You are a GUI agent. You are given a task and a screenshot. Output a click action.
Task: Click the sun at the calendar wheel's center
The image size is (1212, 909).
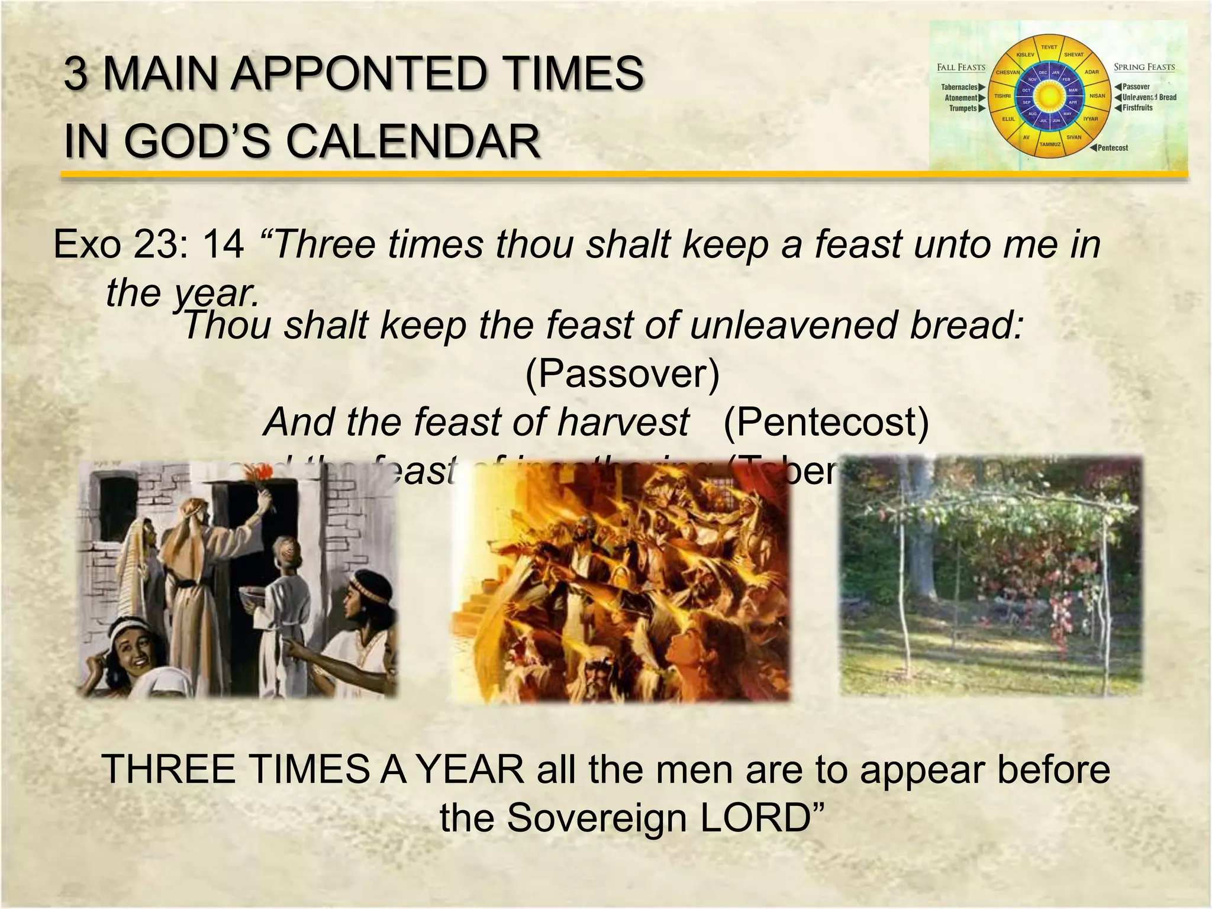point(1049,95)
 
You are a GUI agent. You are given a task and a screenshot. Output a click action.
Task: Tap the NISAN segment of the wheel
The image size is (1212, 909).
point(1097,96)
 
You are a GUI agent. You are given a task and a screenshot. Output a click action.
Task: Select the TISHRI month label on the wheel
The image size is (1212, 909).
point(1003,96)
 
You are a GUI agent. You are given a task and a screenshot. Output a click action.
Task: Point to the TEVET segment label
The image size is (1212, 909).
point(1049,47)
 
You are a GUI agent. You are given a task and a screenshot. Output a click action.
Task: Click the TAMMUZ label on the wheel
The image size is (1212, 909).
point(1050,144)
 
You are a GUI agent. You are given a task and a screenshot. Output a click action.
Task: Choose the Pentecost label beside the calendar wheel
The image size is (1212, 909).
point(1113,148)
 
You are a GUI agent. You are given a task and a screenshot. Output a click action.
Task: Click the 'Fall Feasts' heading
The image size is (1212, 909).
point(961,67)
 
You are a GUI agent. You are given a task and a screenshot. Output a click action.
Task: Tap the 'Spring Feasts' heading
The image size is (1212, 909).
point(1144,67)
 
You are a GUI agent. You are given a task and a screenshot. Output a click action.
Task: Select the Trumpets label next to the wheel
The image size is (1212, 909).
point(963,108)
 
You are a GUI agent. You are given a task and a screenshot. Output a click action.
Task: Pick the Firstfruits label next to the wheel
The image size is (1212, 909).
point(1137,108)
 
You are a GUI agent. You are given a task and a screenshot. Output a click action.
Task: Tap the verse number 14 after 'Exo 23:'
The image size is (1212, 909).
point(224,244)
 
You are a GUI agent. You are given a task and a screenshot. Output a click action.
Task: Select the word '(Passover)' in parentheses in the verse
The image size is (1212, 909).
point(622,373)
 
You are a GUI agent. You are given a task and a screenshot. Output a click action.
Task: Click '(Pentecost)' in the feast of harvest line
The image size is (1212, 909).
point(826,422)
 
